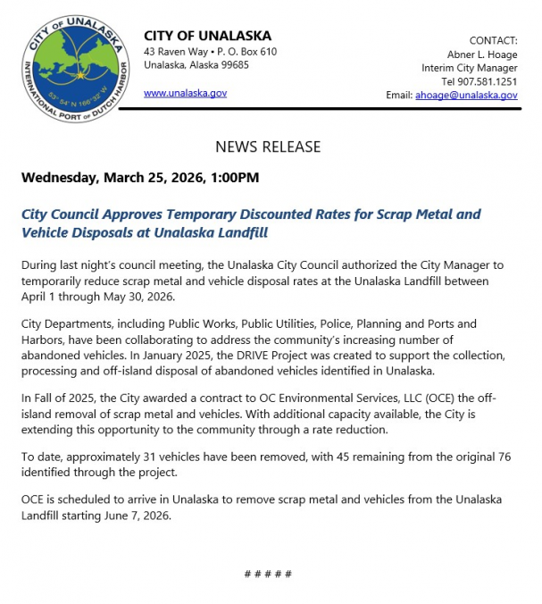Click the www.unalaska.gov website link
click(x=185, y=92)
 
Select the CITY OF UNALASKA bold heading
click(x=207, y=36)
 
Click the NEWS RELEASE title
click(x=268, y=147)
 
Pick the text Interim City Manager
click(x=470, y=68)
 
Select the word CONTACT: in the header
click(x=493, y=40)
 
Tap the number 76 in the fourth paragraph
click(x=504, y=457)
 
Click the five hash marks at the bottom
click(x=268, y=573)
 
